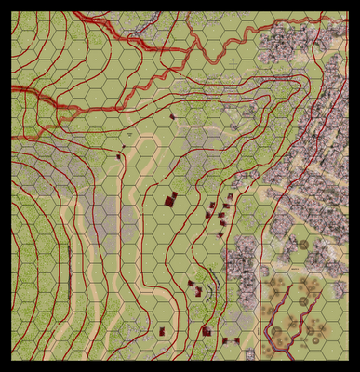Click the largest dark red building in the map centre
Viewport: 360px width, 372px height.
tap(169, 200)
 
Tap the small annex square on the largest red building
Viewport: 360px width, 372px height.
tap(174, 194)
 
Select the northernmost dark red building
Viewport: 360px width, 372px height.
tap(171, 116)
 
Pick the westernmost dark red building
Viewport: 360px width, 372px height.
tap(119, 156)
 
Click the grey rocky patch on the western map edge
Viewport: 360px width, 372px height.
tap(28, 158)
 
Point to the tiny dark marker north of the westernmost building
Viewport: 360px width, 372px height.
tap(123, 146)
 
